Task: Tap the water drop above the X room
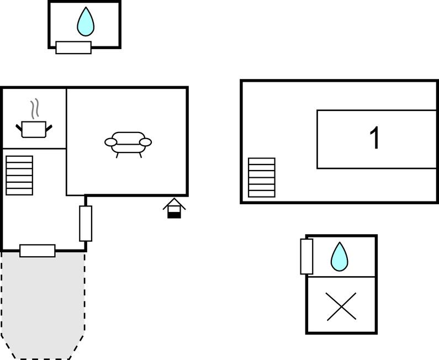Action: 340,257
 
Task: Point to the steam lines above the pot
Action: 35,109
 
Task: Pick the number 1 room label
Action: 375,139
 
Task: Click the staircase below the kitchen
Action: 19,176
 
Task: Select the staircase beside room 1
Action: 261,178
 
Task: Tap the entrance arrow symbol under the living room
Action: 174,205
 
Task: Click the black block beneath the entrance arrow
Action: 174,214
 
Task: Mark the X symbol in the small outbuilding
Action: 341,306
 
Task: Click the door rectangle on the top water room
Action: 73,47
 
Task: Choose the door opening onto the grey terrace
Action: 38,251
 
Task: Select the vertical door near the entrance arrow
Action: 86,224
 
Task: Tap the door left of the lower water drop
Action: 306,256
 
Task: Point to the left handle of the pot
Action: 19,129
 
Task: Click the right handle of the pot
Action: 49,129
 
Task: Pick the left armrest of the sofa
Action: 111,142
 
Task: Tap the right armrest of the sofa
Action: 145,142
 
